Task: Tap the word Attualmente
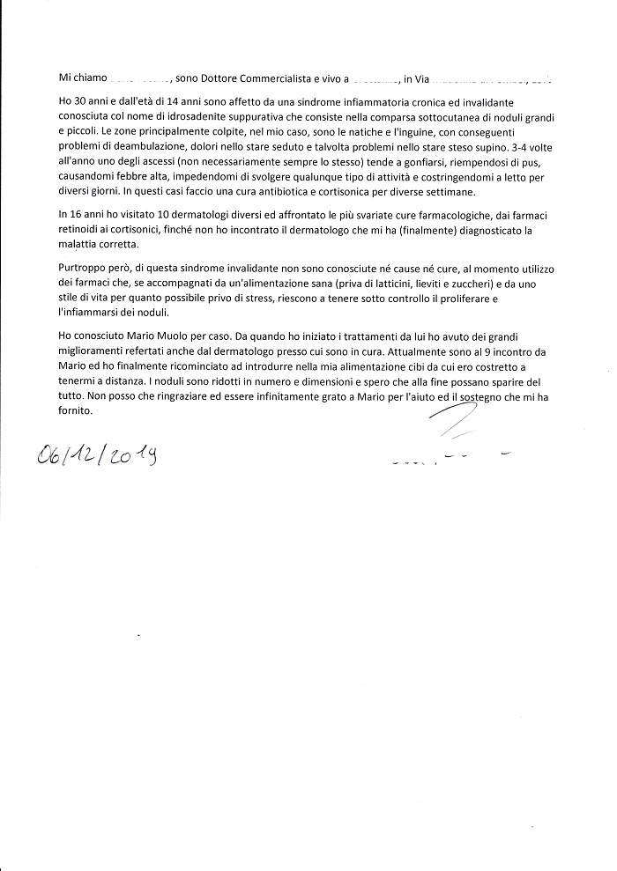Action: tap(415, 351)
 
